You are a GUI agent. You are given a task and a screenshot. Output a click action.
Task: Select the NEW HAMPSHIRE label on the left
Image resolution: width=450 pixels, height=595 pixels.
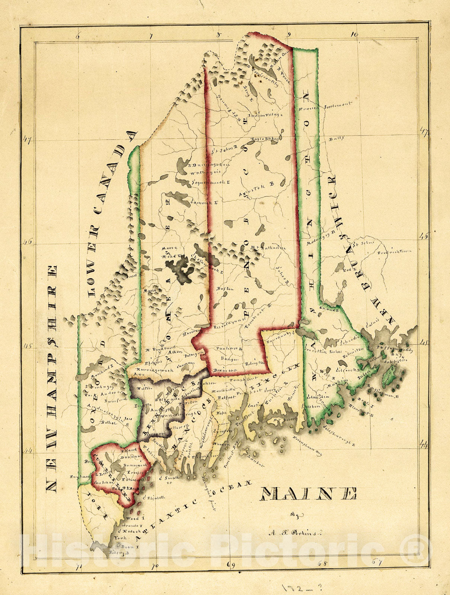tap(52, 379)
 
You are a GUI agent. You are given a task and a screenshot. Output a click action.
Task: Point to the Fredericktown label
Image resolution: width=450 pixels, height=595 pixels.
tap(395, 252)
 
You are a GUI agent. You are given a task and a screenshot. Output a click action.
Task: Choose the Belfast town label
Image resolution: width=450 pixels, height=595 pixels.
tap(225, 397)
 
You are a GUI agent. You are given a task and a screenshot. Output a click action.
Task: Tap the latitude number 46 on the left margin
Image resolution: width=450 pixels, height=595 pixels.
tap(28, 241)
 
